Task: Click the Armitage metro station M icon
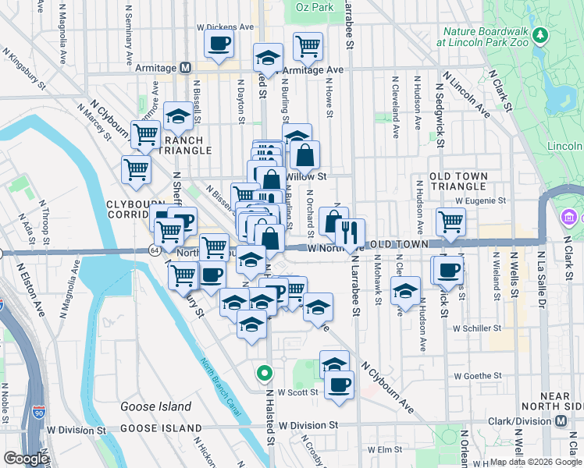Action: pyautogui.click(x=185, y=68)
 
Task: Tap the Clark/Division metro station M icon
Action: pyautogui.click(x=561, y=421)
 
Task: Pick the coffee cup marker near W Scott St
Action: pyautogui.click(x=339, y=385)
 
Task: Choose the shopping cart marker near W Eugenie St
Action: pyautogui.click(x=450, y=222)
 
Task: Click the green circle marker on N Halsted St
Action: pyautogui.click(x=265, y=373)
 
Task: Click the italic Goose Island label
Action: pyautogui.click(x=155, y=406)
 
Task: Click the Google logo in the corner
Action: pyautogui.click(x=26, y=459)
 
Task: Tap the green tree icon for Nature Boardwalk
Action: pyautogui.click(x=538, y=37)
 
